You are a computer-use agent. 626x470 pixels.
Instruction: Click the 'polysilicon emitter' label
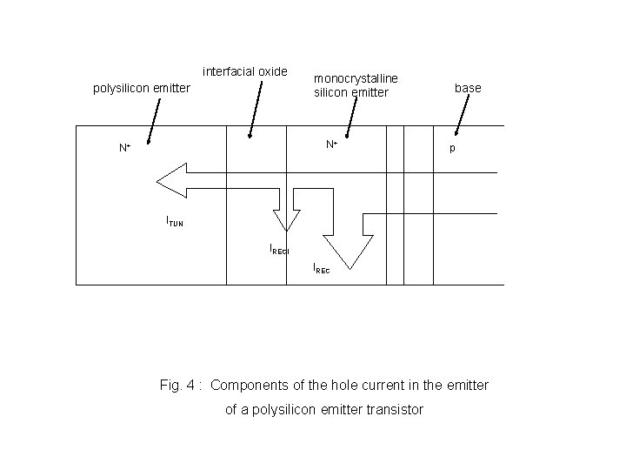(x=141, y=88)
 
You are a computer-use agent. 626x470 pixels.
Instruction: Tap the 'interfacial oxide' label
(x=244, y=71)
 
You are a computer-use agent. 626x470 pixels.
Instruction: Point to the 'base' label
(x=468, y=88)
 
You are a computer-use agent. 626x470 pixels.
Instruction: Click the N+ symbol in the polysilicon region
(x=125, y=149)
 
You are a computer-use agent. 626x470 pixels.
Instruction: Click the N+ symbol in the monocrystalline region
(x=332, y=144)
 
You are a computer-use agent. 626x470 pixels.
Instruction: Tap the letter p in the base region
(x=451, y=149)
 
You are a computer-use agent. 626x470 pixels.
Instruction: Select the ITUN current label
(x=175, y=222)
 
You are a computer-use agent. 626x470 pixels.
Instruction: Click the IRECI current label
(x=278, y=249)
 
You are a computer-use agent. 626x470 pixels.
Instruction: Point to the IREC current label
(x=322, y=270)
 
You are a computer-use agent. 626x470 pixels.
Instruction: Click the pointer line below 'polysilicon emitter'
(x=154, y=119)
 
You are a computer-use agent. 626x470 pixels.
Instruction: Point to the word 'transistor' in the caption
(x=390, y=409)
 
